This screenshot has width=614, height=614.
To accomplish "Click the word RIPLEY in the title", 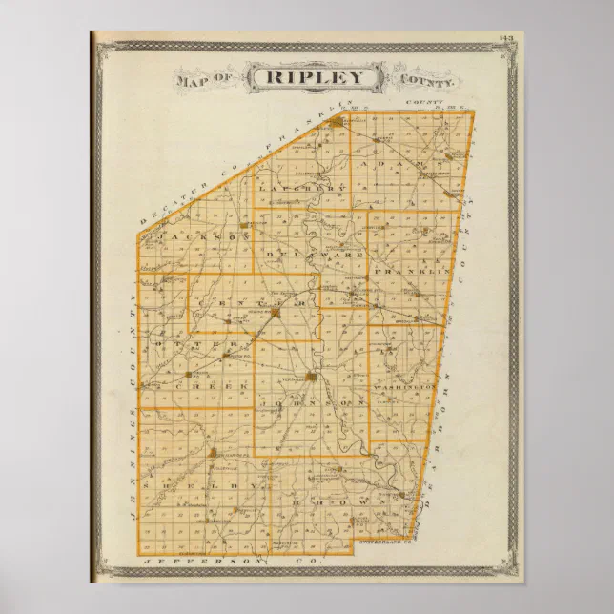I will click(314, 76).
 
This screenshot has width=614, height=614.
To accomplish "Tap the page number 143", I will click(504, 37).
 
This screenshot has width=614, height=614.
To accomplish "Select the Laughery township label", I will click(292, 188).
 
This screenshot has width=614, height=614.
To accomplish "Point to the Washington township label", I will click(409, 388).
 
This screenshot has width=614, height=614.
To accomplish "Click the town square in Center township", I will click(275, 311).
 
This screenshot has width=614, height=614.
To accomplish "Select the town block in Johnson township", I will click(313, 379).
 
